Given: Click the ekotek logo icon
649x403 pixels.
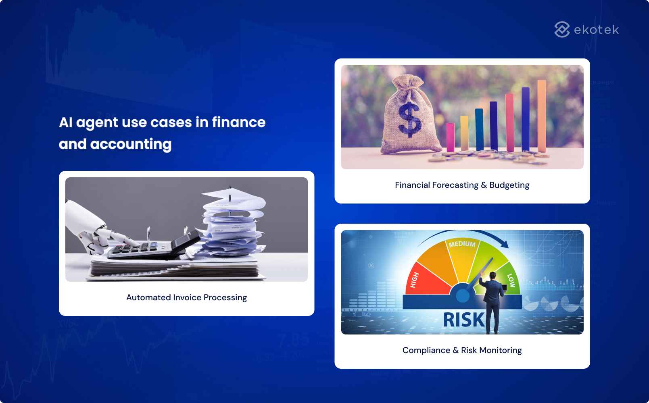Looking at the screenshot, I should tap(562, 29).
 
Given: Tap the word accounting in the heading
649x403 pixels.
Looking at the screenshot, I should tap(131, 144).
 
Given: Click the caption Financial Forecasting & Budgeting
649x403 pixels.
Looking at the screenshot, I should tap(462, 185).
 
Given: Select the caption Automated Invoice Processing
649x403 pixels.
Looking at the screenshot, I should tap(186, 297).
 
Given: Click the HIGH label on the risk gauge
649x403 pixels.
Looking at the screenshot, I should tap(415, 280).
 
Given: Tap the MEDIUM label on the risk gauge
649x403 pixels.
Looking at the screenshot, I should tap(462, 244).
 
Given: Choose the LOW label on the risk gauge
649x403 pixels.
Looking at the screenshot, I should tap(511, 280).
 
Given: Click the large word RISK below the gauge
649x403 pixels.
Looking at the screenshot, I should tap(463, 320).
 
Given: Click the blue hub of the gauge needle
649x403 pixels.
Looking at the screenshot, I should tap(463, 296).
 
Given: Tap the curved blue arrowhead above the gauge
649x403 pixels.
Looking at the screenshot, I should tap(504, 244).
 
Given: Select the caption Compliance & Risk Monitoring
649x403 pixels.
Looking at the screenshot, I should tap(462, 350).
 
